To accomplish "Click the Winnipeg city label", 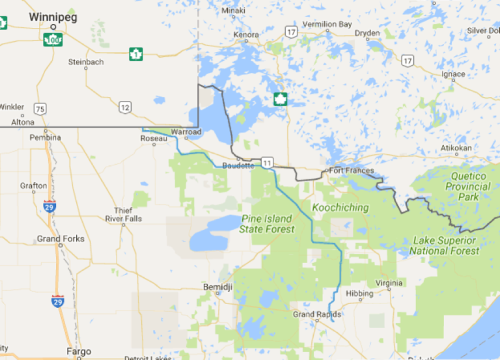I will click(x=53, y=18).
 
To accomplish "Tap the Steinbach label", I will click(x=86, y=62).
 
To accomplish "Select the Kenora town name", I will click(x=247, y=34).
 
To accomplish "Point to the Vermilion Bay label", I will click(x=328, y=24).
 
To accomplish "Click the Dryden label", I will click(x=367, y=33).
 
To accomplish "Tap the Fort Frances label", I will click(x=352, y=171).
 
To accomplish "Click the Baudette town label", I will click(x=238, y=165).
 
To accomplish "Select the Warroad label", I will click(x=186, y=132).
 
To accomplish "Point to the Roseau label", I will click(x=154, y=138).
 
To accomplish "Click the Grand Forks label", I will click(x=61, y=239).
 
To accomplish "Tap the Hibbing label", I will click(x=360, y=294).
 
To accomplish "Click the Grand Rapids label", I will click(x=316, y=314).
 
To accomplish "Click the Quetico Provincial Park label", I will click(x=467, y=186).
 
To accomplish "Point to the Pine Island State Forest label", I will click(x=267, y=224).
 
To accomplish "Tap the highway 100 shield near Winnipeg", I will click(x=53, y=40).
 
